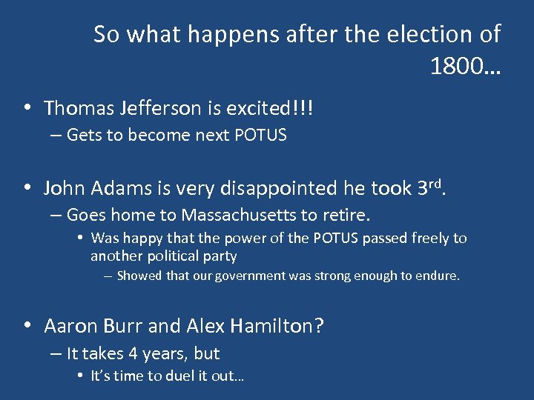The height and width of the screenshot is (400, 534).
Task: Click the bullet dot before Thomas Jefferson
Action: (x=27, y=109)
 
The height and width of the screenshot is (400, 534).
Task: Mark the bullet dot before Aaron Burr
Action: (x=27, y=326)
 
